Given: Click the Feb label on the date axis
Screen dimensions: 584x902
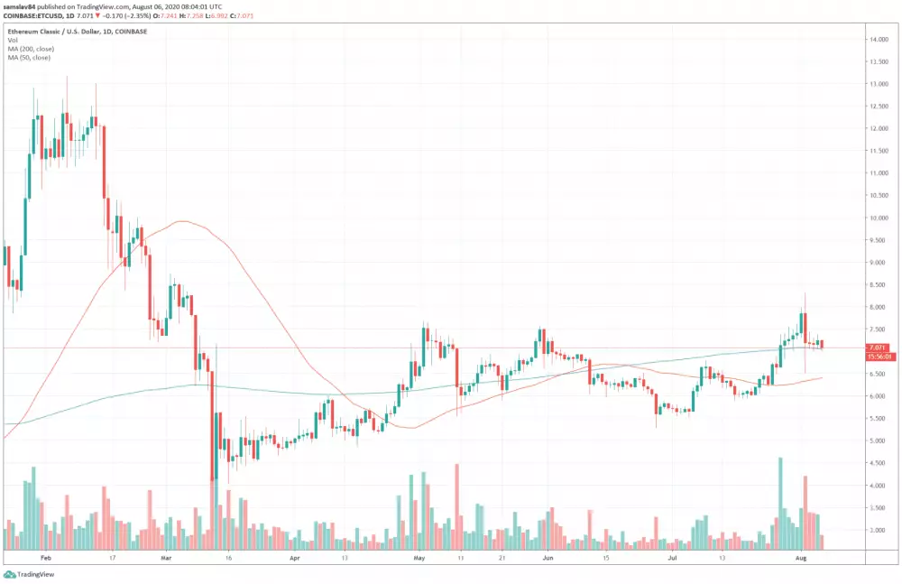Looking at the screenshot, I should coord(45,559).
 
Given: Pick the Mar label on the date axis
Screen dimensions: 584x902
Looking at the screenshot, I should coord(166,559).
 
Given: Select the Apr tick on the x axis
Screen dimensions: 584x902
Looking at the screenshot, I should coord(294,559).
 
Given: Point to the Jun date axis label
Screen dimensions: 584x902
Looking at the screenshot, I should coord(546,559).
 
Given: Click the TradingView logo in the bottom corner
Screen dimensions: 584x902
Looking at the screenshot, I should coord(26,574).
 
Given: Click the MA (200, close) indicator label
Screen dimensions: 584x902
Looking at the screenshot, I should coord(29,49).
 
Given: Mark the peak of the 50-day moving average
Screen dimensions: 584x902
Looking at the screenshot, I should coord(183,220).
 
